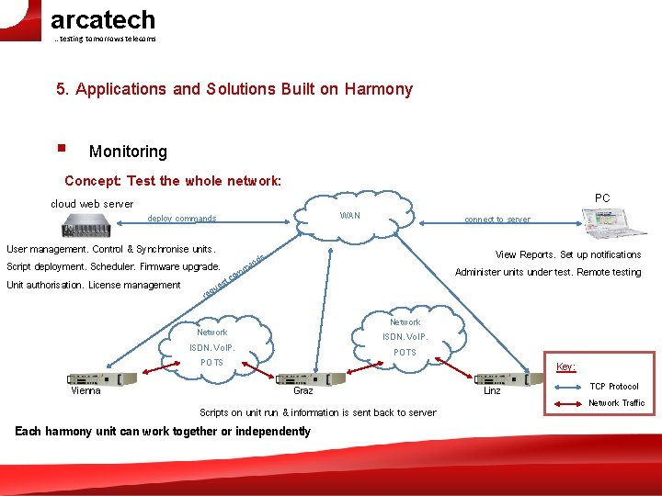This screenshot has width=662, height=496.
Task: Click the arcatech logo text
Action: tap(102, 19)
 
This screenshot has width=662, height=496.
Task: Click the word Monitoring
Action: tap(128, 152)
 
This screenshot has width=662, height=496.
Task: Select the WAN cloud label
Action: tap(349, 216)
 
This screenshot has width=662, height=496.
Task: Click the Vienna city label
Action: tap(86, 391)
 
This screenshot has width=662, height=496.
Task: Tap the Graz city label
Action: tap(302, 391)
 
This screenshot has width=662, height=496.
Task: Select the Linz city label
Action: tap(492, 391)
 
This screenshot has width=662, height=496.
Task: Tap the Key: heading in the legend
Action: tap(566, 366)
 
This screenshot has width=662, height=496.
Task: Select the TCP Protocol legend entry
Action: tap(614, 387)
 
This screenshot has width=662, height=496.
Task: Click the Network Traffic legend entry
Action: tap(616, 403)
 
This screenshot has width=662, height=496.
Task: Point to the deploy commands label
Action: tap(182, 219)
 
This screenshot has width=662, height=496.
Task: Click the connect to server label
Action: tap(496, 220)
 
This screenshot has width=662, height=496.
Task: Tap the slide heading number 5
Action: tap(61, 89)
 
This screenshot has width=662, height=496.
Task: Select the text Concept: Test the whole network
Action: tap(173, 181)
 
